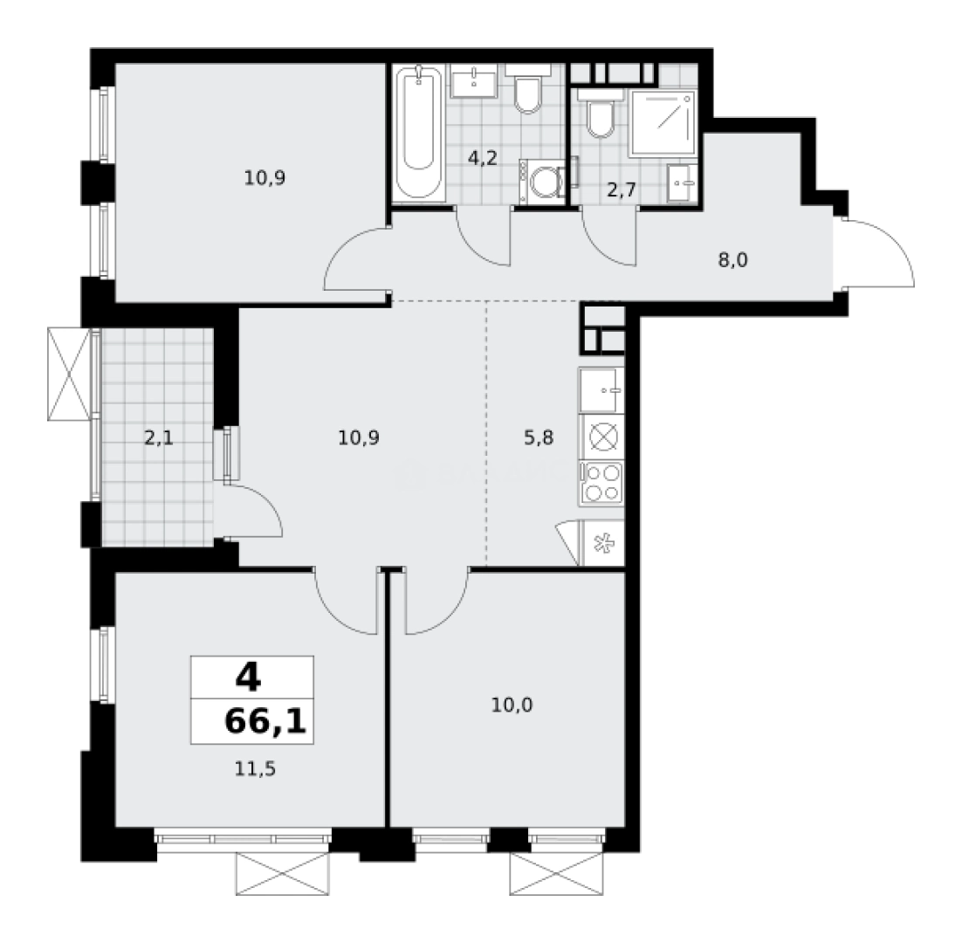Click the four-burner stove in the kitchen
601,482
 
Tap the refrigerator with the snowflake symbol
601,544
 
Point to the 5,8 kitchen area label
539,438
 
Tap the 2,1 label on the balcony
158,438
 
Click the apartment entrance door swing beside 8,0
877,253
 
